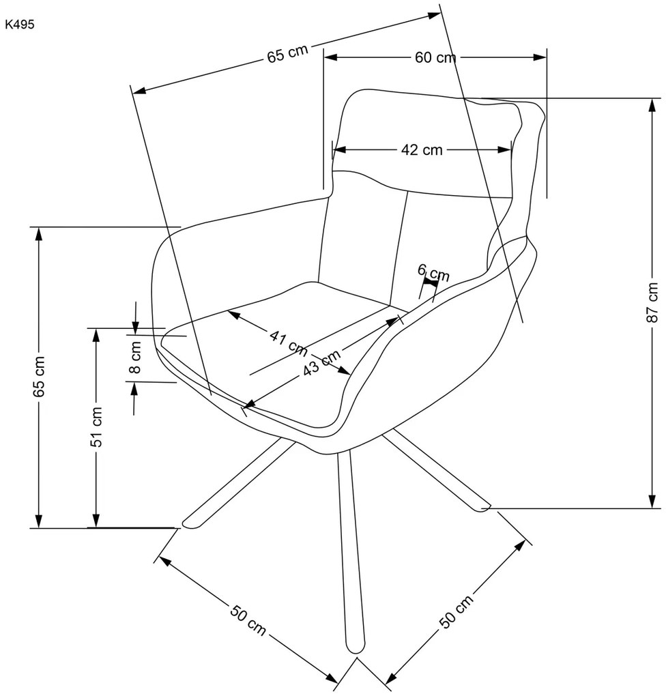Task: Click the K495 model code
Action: click(x=20, y=25)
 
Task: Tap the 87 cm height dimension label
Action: click(x=652, y=302)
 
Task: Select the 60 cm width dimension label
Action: click(x=435, y=57)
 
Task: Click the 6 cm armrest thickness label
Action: click(x=433, y=272)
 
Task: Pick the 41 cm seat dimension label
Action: click(x=289, y=343)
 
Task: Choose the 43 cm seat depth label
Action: click(x=322, y=362)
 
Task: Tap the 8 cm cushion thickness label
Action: click(x=136, y=357)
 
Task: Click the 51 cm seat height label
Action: click(x=97, y=426)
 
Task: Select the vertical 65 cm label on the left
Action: click(x=40, y=377)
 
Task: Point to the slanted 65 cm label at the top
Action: click(x=287, y=54)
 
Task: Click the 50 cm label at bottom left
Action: click(x=248, y=620)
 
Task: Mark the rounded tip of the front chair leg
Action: click(x=356, y=647)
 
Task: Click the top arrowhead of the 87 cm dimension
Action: click(x=652, y=105)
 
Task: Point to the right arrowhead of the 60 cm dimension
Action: click(x=540, y=57)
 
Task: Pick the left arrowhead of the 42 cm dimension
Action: click(x=339, y=149)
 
